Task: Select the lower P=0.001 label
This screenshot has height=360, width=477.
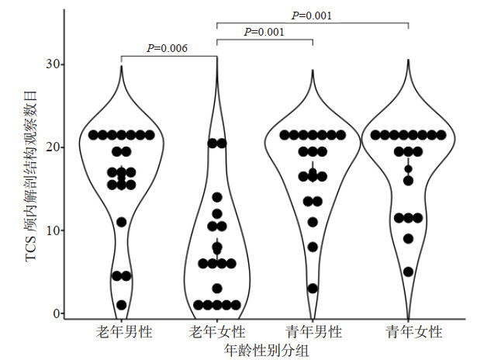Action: (x=263, y=32)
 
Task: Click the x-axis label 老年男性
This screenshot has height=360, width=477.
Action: (x=121, y=332)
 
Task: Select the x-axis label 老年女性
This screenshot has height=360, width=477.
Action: (x=216, y=332)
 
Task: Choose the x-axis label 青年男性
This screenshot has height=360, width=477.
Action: (x=313, y=332)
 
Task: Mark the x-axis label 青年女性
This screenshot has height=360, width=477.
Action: (x=408, y=332)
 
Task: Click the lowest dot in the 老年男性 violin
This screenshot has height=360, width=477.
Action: (x=121, y=305)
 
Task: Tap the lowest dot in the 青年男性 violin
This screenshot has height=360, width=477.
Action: (x=313, y=289)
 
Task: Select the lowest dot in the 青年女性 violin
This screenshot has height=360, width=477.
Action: (x=408, y=272)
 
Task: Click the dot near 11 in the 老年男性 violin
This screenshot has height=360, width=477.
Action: (x=121, y=222)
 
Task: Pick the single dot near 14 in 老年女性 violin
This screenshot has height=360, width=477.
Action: (x=217, y=197)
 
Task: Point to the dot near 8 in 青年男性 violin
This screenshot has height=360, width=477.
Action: (x=313, y=247)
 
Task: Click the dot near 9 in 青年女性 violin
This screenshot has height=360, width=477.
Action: (x=408, y=239)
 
